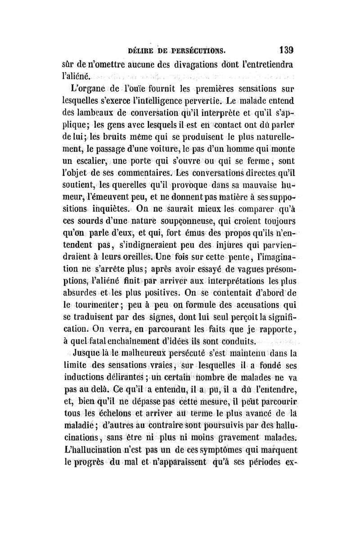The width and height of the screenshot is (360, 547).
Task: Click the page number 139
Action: click(x=286, y=50)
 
